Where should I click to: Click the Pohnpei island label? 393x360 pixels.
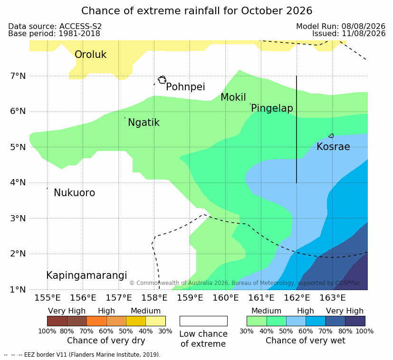(185, 87)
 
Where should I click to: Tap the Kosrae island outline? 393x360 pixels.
(331, 136)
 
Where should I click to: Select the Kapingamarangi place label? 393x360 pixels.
(86, 275)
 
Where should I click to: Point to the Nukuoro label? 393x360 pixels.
(75, 193)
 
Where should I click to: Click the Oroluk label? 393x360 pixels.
(90, 54)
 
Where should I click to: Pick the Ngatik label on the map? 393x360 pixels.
(144, 123)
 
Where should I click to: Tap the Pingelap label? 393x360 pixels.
(272, 108)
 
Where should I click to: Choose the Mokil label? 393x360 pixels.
(233, 97)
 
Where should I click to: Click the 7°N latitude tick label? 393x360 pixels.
(18, 76)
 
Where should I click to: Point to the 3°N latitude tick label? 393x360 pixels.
(18, 218)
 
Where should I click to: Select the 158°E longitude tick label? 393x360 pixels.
(154, 298)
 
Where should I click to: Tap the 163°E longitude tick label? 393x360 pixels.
(333, 298)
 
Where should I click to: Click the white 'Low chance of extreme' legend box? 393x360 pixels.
(203, 321)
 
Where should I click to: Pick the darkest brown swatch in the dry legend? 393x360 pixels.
(57, 321)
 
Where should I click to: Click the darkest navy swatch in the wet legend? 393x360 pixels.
(355, 321)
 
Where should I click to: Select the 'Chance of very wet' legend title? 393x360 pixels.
(305, 341)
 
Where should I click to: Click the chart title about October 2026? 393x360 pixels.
(197, 11)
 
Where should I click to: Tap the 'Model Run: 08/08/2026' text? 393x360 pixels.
(341, 26)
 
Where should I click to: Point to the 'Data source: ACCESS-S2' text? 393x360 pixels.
(55, 26)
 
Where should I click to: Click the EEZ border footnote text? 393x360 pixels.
(82, 355)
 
